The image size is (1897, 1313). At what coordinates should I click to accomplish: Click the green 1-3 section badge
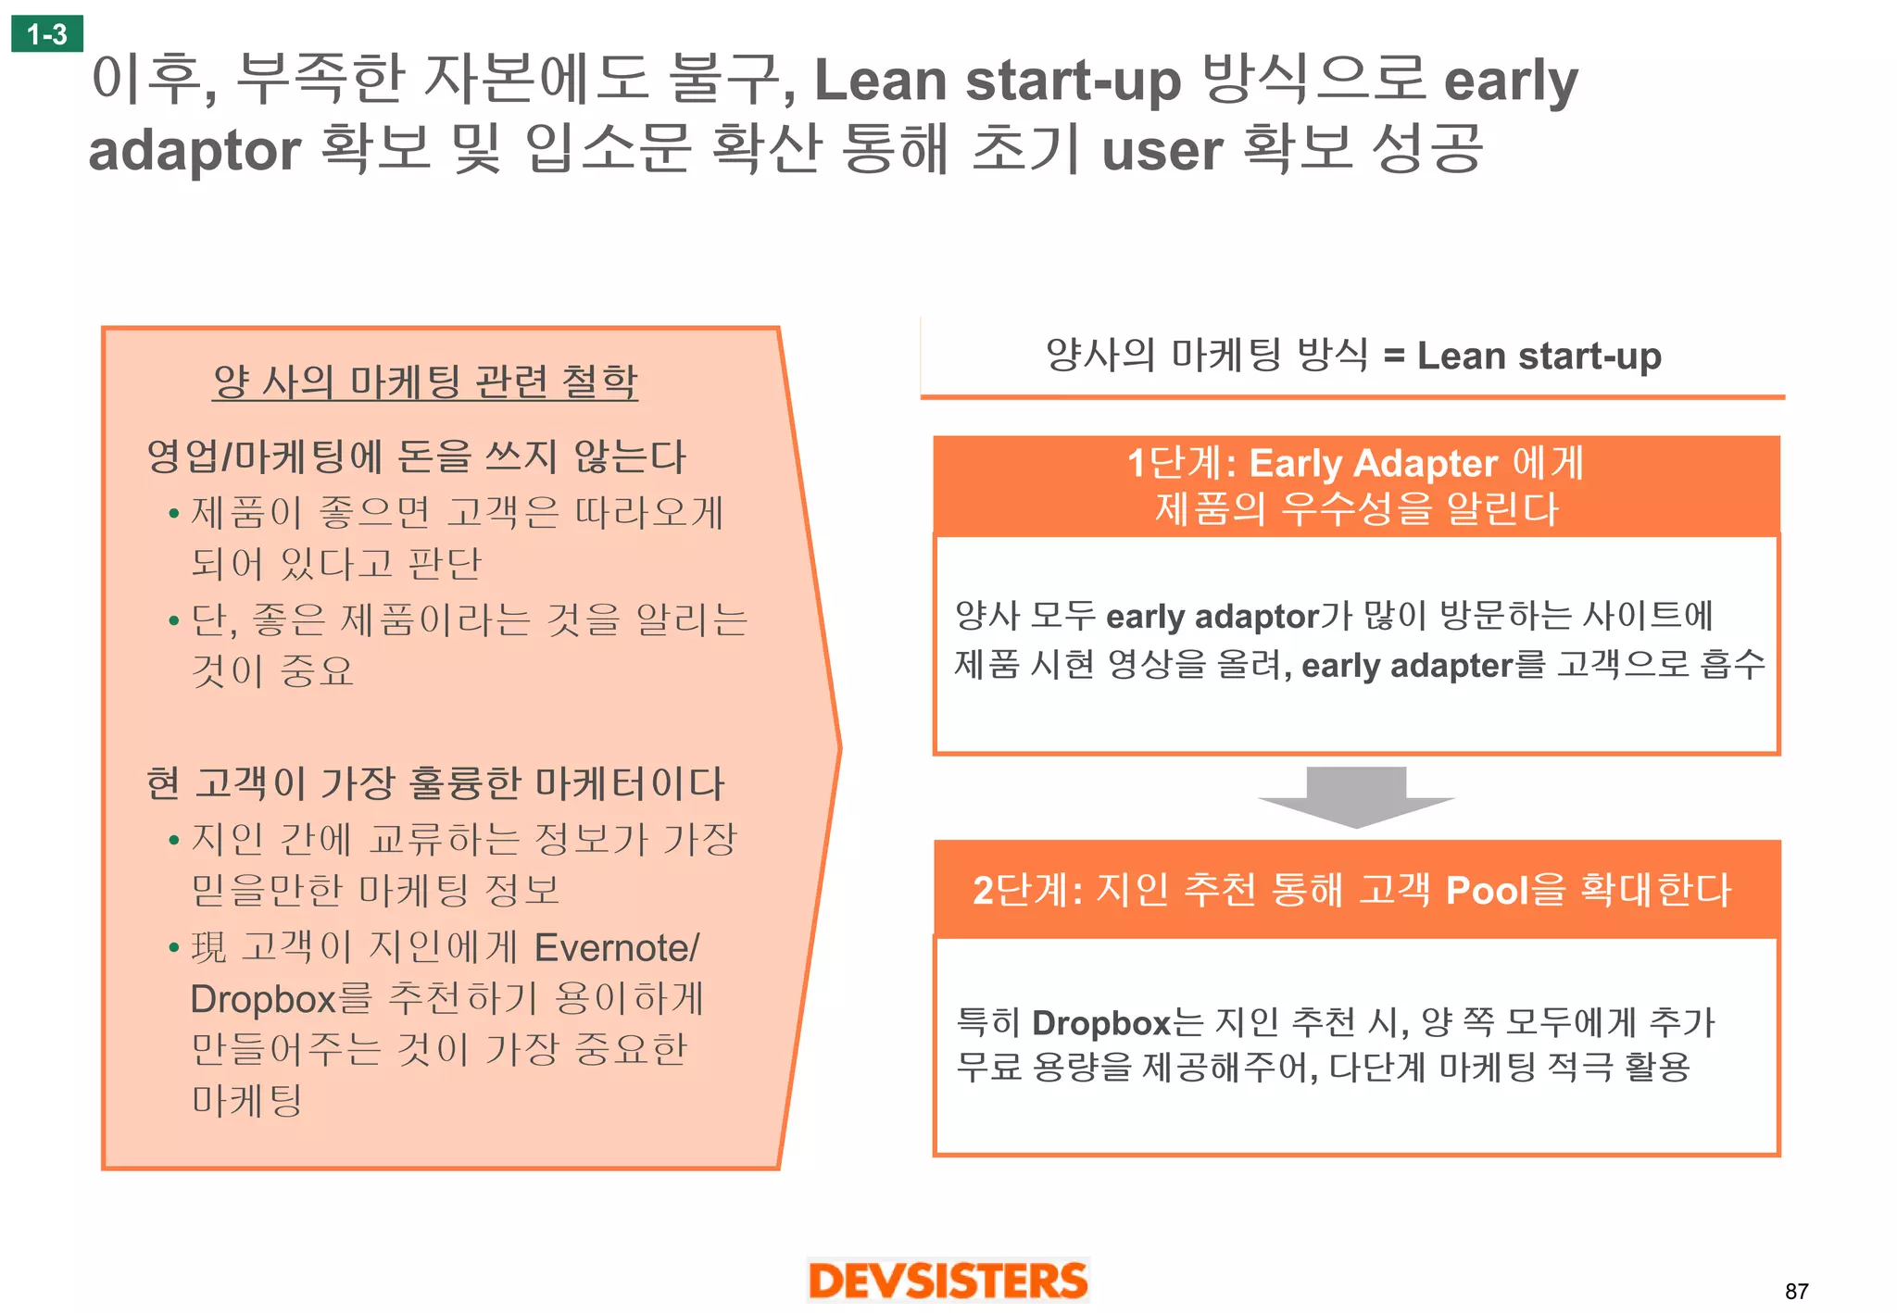47,34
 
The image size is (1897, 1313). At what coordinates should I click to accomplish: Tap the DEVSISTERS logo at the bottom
948,1281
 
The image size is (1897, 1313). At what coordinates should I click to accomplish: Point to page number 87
1796,1291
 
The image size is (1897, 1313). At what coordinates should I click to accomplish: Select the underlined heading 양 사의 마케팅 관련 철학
425,381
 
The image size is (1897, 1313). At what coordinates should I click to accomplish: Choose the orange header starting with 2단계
1356,890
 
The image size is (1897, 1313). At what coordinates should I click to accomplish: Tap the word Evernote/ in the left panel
617,948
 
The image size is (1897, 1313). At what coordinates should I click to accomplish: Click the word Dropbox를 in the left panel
281,999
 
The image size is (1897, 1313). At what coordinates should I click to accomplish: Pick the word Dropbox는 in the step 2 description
1117,1023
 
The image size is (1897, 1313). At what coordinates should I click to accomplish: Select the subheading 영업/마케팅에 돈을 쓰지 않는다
416,456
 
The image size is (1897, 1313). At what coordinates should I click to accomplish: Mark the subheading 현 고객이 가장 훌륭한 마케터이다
435,783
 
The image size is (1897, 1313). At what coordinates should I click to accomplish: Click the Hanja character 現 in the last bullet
209,948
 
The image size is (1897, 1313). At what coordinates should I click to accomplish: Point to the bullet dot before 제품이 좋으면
173,514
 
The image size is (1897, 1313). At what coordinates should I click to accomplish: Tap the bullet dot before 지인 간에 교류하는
173,841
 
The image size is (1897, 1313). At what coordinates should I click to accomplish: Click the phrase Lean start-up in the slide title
998,81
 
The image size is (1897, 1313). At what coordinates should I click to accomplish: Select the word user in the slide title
1162,150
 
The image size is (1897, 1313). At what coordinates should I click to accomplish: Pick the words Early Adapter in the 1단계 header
1373,463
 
